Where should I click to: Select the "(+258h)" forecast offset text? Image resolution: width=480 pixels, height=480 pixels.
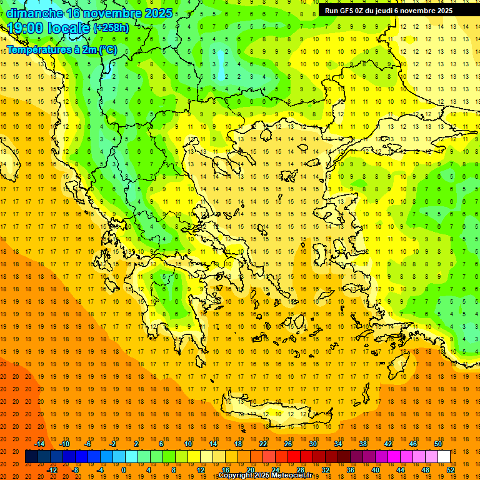click(111, 28)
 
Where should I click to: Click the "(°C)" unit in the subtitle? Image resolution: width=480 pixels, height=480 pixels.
click(107, 49)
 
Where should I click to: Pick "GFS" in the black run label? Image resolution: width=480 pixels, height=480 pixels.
click(347, 11)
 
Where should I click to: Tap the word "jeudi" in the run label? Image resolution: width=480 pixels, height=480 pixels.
click(391, 11)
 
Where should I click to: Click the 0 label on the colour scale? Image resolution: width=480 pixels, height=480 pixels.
click(123, 469)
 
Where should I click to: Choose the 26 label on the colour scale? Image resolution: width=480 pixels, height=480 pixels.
click(288, 444)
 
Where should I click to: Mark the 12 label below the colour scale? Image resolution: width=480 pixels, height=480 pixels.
click(201, 469)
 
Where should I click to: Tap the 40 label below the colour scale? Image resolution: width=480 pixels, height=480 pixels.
click(376, 469)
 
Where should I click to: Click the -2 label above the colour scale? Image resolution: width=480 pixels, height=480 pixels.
click(113, 444)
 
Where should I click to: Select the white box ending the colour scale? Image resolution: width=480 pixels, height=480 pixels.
click(444, 456)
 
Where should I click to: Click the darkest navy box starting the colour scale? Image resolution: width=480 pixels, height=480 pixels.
click(31, 456)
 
